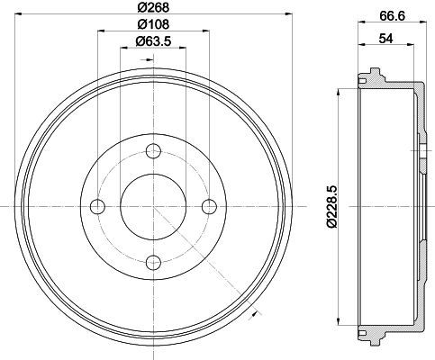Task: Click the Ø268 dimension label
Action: [153, 7]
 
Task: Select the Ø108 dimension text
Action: [153, 24]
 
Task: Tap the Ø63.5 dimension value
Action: [153, 40]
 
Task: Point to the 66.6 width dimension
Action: [392, 15]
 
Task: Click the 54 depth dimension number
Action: [385, 39]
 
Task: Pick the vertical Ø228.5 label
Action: [332, 207]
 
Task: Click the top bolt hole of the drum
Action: [153, 151]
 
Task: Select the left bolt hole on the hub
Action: [97, 206]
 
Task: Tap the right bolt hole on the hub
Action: [209, 206]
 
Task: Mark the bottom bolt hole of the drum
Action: [153, 262]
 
